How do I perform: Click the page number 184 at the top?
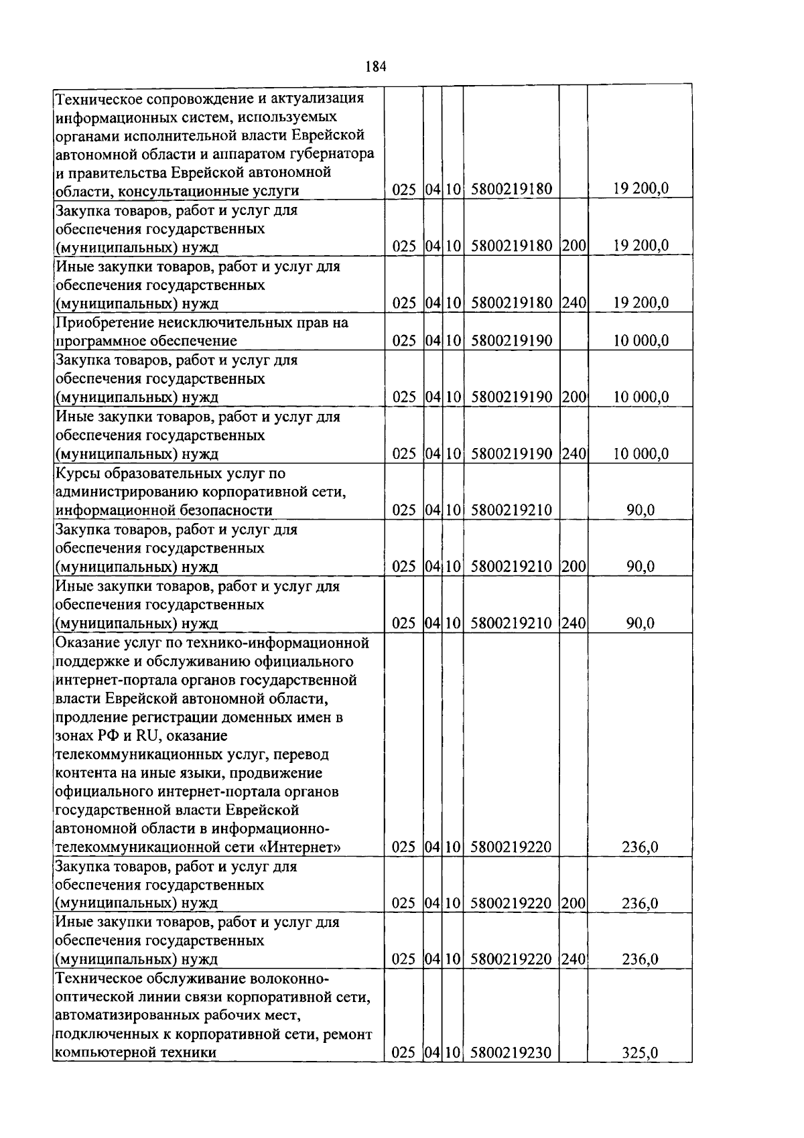(x=377, y=66)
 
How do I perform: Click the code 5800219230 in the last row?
(x=511, y=1053)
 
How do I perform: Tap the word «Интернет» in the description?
(x=299, y=847)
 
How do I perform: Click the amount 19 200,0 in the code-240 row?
(x=641, y=303)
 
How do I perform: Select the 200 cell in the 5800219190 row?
(x=574, y=397)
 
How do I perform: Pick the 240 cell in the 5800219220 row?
(x=574, y=959)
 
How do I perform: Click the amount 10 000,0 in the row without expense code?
(x=641, y=341)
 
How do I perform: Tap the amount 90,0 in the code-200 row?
(x=640, y=567)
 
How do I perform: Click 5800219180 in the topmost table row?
(x=511, y=190)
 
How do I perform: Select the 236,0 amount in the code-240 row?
(x=640, y=959)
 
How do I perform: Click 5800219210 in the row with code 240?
(x=511, y=624)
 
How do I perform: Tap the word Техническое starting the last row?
(x=98, y=979)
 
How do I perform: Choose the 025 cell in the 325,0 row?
(x=404, y=1053)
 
